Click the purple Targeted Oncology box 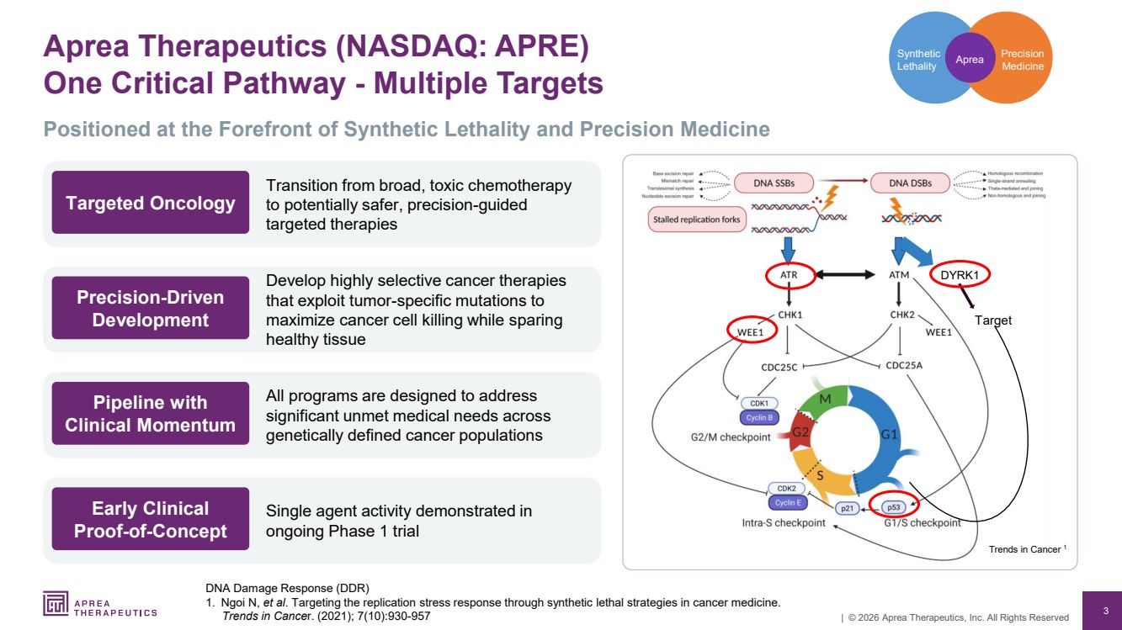coord(151,203)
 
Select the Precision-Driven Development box coord(151,308)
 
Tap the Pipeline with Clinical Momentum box coord(151,413)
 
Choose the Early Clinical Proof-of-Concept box coord(151,519)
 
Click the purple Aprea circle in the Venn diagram coord(970,59)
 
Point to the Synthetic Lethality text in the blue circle coord(917,60)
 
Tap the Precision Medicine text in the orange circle coord(1022,60)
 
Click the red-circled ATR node coord(789,275)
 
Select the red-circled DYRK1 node coord(959,274)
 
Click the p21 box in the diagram coord(848,508)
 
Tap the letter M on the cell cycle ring coord(826,398)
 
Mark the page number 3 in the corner coord(1105,610)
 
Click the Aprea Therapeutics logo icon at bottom coord(56,604)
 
